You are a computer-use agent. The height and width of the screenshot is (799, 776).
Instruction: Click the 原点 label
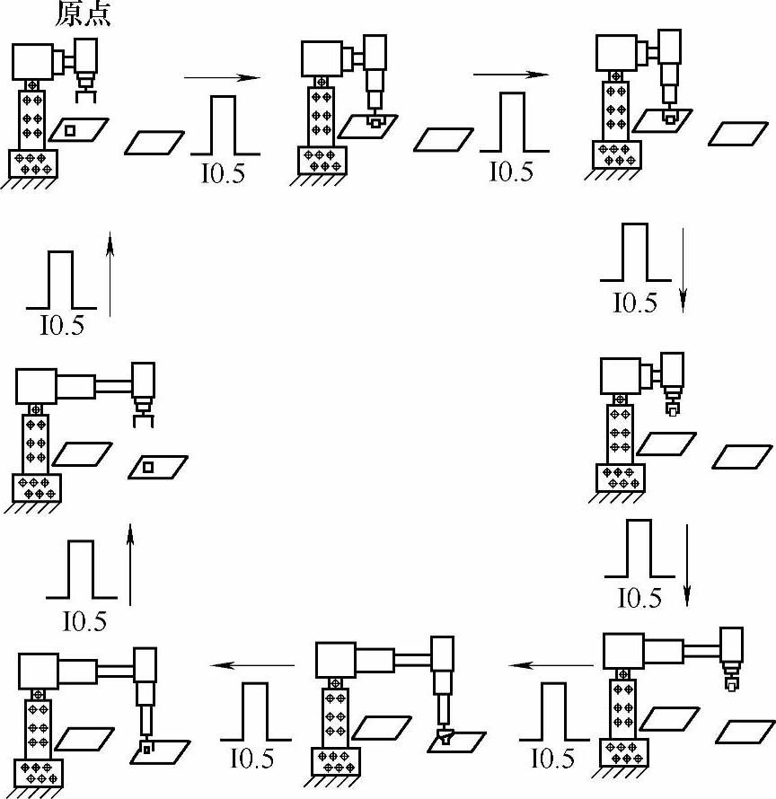[x=84, y=15]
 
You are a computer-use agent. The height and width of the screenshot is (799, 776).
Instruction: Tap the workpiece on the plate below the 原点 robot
[x=71, y=130]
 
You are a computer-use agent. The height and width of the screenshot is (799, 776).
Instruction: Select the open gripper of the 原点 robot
[x=85, y=87]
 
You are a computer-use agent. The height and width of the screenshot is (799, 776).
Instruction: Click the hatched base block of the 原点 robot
[x=33, y=162]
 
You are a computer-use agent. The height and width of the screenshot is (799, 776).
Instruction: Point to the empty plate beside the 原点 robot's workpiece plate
[x=154, y=142]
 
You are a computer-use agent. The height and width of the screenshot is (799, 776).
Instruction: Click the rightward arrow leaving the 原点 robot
[x=222, y=78]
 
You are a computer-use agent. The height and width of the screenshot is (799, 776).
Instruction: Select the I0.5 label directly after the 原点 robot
[x=222, y=172]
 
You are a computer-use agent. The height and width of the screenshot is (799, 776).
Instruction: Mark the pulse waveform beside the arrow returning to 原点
[x=60, y=281]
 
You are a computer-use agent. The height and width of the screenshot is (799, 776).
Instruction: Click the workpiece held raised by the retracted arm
[x=673, y=409]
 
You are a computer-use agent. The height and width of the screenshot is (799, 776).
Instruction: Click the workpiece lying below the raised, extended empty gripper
[x=150, y=467]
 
